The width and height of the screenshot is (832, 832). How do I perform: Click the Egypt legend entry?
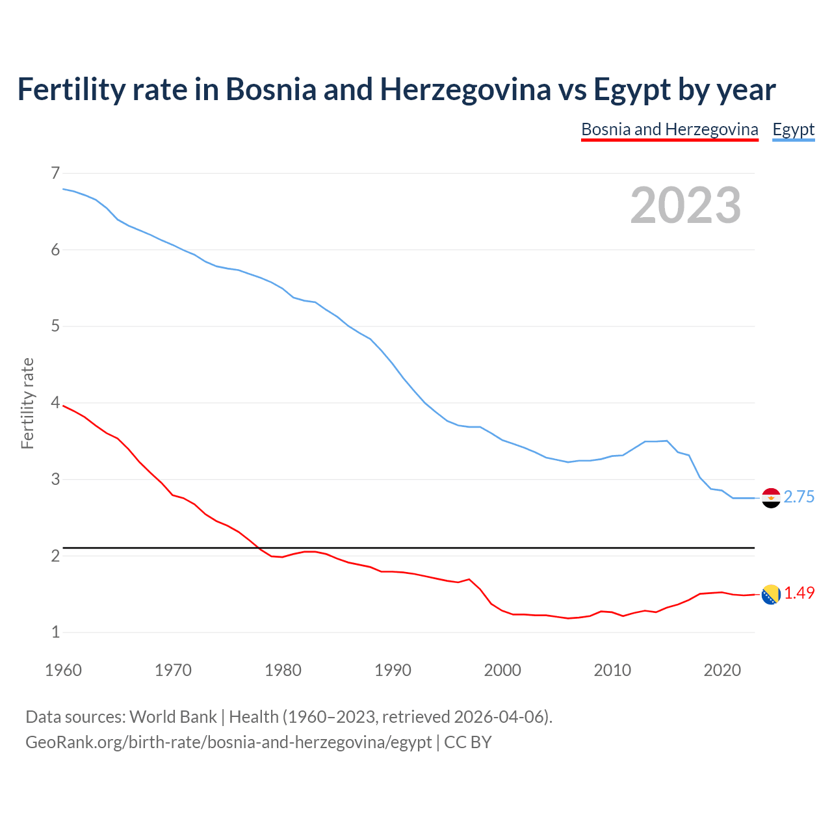tap(793, 129)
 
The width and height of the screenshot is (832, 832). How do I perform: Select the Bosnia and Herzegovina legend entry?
tap(669, 129)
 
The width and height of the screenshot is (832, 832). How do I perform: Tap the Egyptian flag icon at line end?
tap(770, 498)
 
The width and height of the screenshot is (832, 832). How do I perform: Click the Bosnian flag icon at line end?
tap(770, 594)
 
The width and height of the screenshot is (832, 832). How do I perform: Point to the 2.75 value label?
tap(799, 497)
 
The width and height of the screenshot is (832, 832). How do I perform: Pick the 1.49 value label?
tap(799, 593)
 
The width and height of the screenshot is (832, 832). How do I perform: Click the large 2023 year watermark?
tap(685, 205)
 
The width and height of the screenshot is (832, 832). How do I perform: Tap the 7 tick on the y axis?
tap(55, 173)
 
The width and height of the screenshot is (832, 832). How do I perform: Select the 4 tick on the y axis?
tap(55, 403)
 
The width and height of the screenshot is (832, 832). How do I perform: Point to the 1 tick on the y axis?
tap(55, 632)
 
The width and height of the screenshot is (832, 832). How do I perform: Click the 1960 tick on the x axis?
tap(63, 670)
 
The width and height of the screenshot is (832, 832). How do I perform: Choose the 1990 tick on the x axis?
tap(393, 670)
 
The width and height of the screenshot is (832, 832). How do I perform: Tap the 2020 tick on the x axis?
tap(722, 670)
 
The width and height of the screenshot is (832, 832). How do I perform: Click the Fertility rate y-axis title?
tap(27, 403)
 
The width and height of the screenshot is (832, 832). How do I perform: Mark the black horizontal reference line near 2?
tap(409, 548)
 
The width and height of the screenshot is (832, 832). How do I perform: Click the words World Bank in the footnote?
tap(173, 717)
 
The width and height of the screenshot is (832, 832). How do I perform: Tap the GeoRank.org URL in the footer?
tap(228, 742)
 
